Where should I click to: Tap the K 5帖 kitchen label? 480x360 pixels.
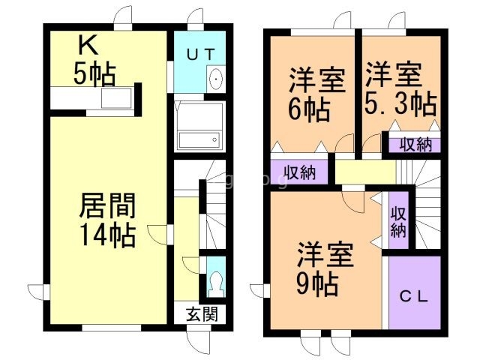(x=94, y=61)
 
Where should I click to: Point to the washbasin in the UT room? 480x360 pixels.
(x=217, y=78)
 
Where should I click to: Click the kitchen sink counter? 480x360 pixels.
(x=116, y=98)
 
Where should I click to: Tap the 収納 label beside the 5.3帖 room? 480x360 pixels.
(x=415, y=145)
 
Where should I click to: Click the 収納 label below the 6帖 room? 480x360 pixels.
(x=299, y=172)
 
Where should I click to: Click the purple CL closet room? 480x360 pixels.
(x=415, y=292)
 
